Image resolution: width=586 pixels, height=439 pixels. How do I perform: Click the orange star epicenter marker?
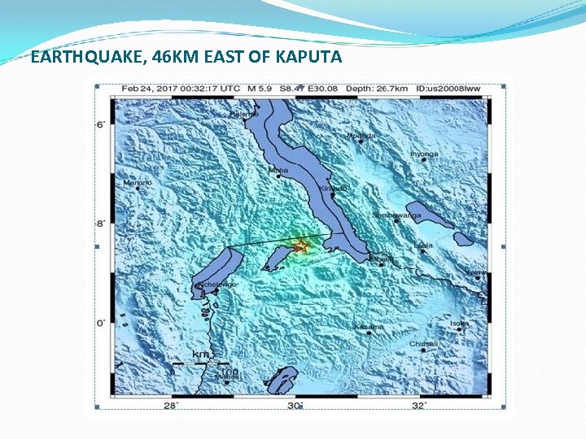click(x=300, y=246)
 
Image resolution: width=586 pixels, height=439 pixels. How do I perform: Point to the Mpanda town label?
click(x=361, y=136)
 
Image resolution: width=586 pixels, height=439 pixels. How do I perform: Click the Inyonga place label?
click(x=424, y=154)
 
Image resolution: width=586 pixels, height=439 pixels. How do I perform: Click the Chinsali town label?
click(x=424, y=344)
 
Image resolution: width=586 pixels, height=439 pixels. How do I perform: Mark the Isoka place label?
click(x=460, y=324)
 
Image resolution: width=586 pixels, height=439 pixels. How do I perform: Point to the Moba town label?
click(x=278, y=170)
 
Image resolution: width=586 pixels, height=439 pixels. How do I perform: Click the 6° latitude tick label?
click(x=100, y=124)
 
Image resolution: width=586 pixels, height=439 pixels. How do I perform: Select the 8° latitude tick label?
click(x=100, y=224)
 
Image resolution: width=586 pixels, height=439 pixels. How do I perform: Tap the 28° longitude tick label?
click(x=171, y=405)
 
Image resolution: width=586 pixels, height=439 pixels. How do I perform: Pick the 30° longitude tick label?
click(x=295, y=405)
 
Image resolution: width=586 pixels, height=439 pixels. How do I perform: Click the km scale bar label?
click(x=200, y=354)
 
